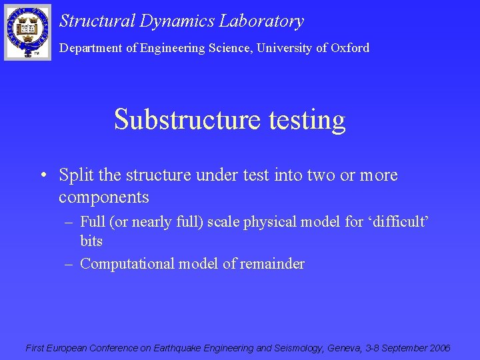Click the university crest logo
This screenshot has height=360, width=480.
pyautogui.click(x=27, y=32)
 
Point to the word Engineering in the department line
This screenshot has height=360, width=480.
pyautogui.click(x=171, y=48)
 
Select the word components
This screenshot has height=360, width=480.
pyautogui.click(x=103, y=198)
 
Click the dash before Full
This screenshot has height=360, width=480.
pyautogui.click(x=69, y=221)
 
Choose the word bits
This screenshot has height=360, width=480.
pyautogui.click(x=91, y=240)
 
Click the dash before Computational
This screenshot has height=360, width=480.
pyautogui.click(x=69, y=264)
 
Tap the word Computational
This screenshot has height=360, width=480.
pyautogui.click(x=127, y=264)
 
